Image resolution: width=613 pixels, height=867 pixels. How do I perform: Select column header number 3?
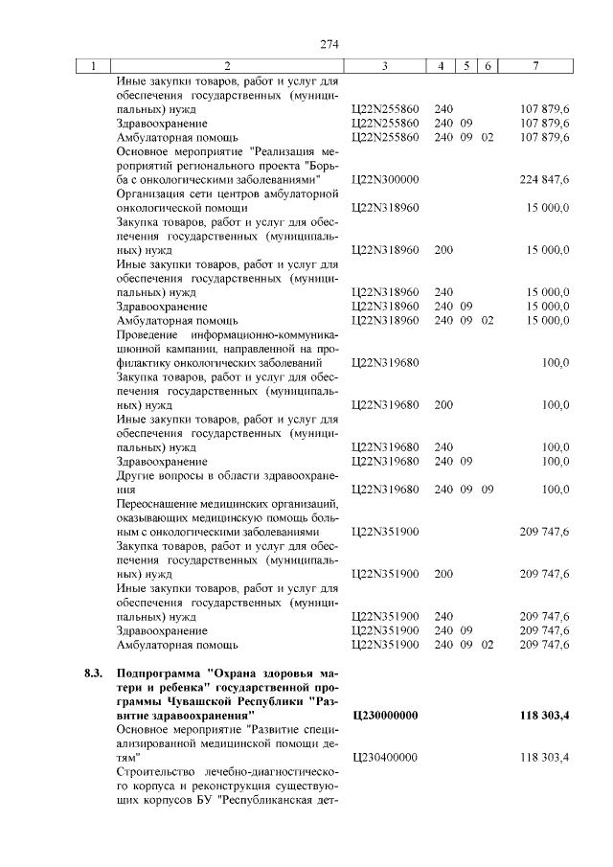(383, 66)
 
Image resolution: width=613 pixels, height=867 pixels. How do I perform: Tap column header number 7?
(537, 66)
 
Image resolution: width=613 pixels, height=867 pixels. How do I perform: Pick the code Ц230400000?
(386, 757)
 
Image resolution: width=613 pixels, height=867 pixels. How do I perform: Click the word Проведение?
(145, 335)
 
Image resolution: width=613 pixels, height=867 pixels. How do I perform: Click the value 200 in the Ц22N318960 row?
(443, 249)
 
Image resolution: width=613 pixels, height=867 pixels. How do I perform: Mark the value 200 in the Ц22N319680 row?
(443, 405)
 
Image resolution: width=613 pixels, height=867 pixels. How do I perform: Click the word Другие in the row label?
(135, 475)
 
